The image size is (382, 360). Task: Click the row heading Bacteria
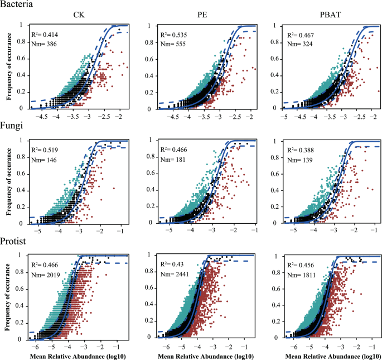tap(17, 4)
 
